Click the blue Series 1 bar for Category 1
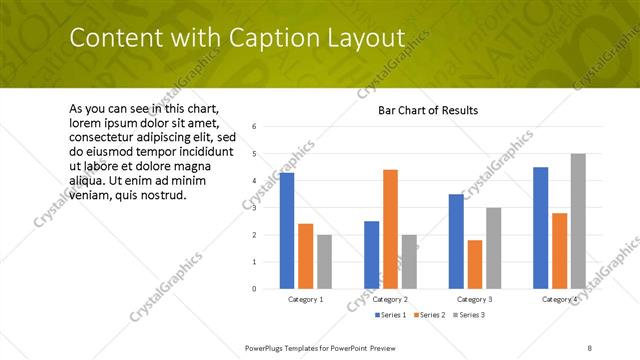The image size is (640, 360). click(287, 230)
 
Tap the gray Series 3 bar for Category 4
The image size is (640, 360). click(578, 221)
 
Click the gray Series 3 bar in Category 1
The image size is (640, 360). click(324, 261)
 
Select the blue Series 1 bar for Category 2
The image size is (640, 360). click(371, 255)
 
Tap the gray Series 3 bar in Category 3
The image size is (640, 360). click(493, 248)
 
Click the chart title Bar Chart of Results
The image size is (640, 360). click(427, 110)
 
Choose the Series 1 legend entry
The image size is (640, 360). click(391, 315)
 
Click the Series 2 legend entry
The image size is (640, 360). click(429, 315)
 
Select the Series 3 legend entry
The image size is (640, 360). click(468, 315)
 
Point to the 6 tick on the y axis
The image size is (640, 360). click(255, 127)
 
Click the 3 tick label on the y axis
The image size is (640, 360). click(255, 208)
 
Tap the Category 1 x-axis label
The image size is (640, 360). click(305, 299)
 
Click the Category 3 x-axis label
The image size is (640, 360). click(474, 299)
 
